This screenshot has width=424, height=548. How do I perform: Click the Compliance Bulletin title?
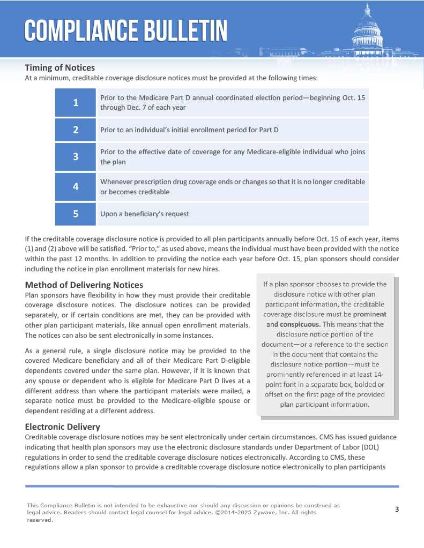click(x=126, y=31)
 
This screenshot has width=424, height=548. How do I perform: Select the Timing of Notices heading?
click(x=59, y=68)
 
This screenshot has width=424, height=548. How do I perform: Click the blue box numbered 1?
click(x=76, y=103)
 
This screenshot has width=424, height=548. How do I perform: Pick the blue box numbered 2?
click(x=76, y=130)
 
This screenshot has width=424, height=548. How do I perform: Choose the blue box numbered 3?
click(x=76, y=157)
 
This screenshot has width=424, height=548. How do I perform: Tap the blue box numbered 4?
click(x=76, y=187)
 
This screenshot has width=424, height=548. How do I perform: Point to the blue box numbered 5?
click(x=76, y=214)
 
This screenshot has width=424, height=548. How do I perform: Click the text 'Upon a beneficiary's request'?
click(x=145, y=214)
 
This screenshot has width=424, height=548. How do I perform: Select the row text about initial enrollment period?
click(x=189, y=130)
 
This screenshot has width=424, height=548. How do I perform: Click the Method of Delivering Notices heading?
click(x=84, y=285)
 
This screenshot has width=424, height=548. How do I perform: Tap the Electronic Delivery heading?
click(x=62, y=427)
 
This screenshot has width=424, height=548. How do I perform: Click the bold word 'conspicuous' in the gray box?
click(x=300, y=324)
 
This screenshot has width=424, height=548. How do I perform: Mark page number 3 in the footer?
click(x=397, y=509)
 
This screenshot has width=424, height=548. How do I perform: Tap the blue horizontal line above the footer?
click(x=212, y=486)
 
